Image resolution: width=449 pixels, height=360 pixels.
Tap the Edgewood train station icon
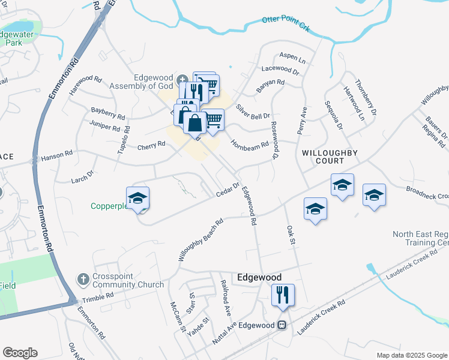(x=280, y=325)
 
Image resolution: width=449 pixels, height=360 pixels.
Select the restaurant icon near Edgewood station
(x=280, y=295)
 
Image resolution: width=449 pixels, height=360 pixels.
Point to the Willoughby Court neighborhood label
(x=331, y=157)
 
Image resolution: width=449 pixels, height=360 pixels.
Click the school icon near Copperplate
(x=138, y=199)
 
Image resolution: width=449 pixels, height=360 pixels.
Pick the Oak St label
(x=292, y=235)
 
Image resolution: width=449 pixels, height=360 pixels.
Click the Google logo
(x=20, y=353)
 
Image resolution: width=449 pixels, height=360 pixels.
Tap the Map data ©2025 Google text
(x=411, y=355)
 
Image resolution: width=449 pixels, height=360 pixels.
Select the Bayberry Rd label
(x=108, y=113)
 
